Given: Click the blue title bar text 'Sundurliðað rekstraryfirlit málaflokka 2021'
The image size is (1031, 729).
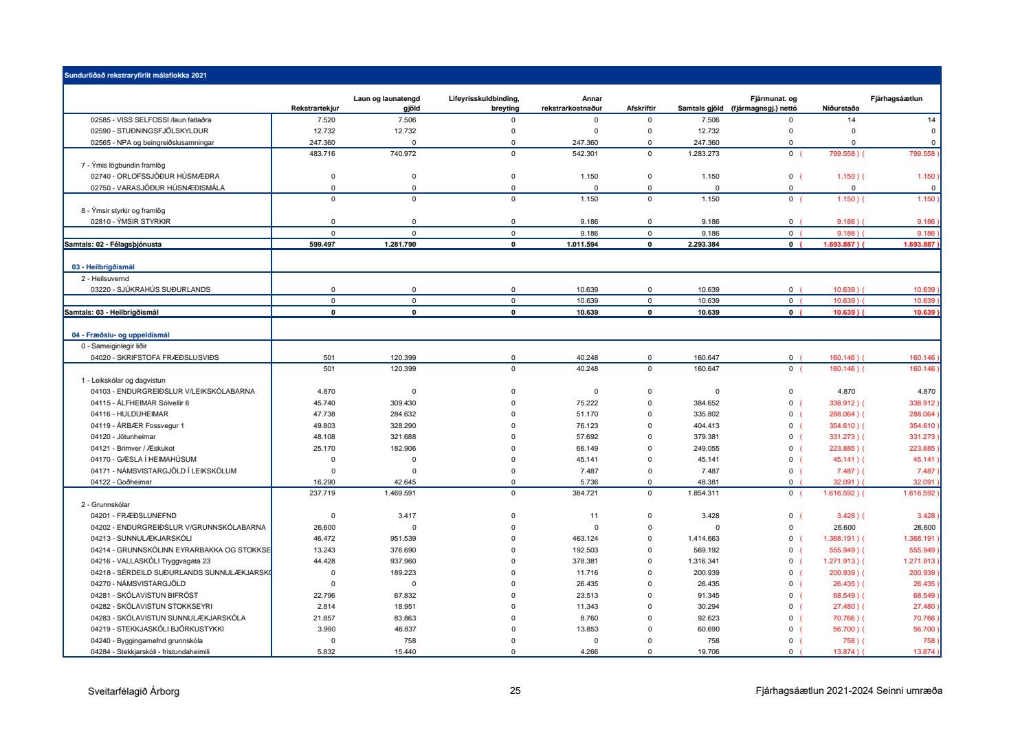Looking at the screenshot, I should (x=135, y=76).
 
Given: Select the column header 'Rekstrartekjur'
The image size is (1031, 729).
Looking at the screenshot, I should (x=315, y=109).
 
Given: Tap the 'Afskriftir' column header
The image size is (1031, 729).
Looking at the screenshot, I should (x=641, y=109).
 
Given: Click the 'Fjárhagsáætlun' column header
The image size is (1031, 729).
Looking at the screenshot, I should (x=896, y=99).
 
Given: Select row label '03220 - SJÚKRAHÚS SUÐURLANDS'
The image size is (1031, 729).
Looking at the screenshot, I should (x=151, y=290).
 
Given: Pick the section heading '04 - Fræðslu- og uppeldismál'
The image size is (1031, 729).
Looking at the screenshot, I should (x=120, y=335).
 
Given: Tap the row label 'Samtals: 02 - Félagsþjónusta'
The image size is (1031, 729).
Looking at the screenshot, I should (x=113, y=245).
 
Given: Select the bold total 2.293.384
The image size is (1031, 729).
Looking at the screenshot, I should (x=703, y=245).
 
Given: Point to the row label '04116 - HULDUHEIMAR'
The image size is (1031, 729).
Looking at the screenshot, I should (x=129, y=414).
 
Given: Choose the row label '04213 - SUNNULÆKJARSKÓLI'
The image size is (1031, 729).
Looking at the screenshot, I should (x=141, y=539).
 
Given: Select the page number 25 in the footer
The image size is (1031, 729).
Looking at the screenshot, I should (x=515, y=691).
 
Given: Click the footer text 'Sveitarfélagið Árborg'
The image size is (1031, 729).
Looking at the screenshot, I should (x=133, y=691).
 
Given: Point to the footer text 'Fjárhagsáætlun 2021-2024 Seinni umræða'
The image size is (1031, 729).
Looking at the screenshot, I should (x=848, y=691).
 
